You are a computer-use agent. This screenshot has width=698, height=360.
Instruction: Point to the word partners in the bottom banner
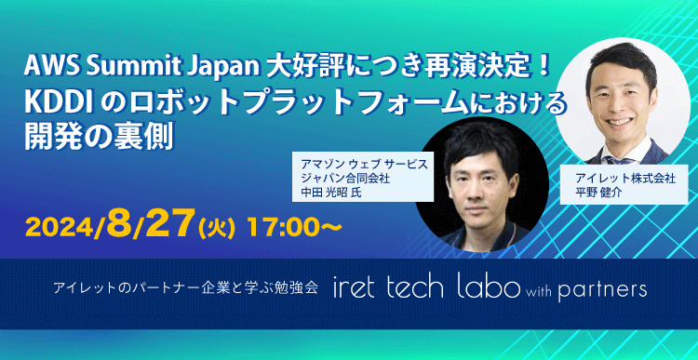point(602,291)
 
